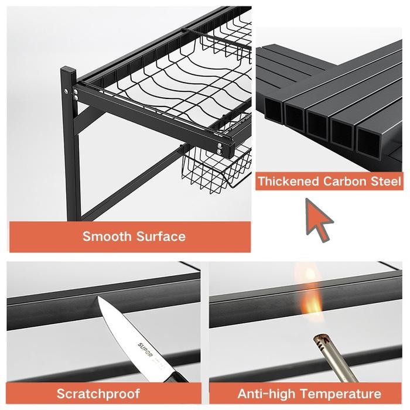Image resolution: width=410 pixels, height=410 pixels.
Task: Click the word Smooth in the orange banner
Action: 107,237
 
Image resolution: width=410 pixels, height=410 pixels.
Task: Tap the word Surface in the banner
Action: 158,237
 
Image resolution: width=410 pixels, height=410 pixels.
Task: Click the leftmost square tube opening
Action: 274,110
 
